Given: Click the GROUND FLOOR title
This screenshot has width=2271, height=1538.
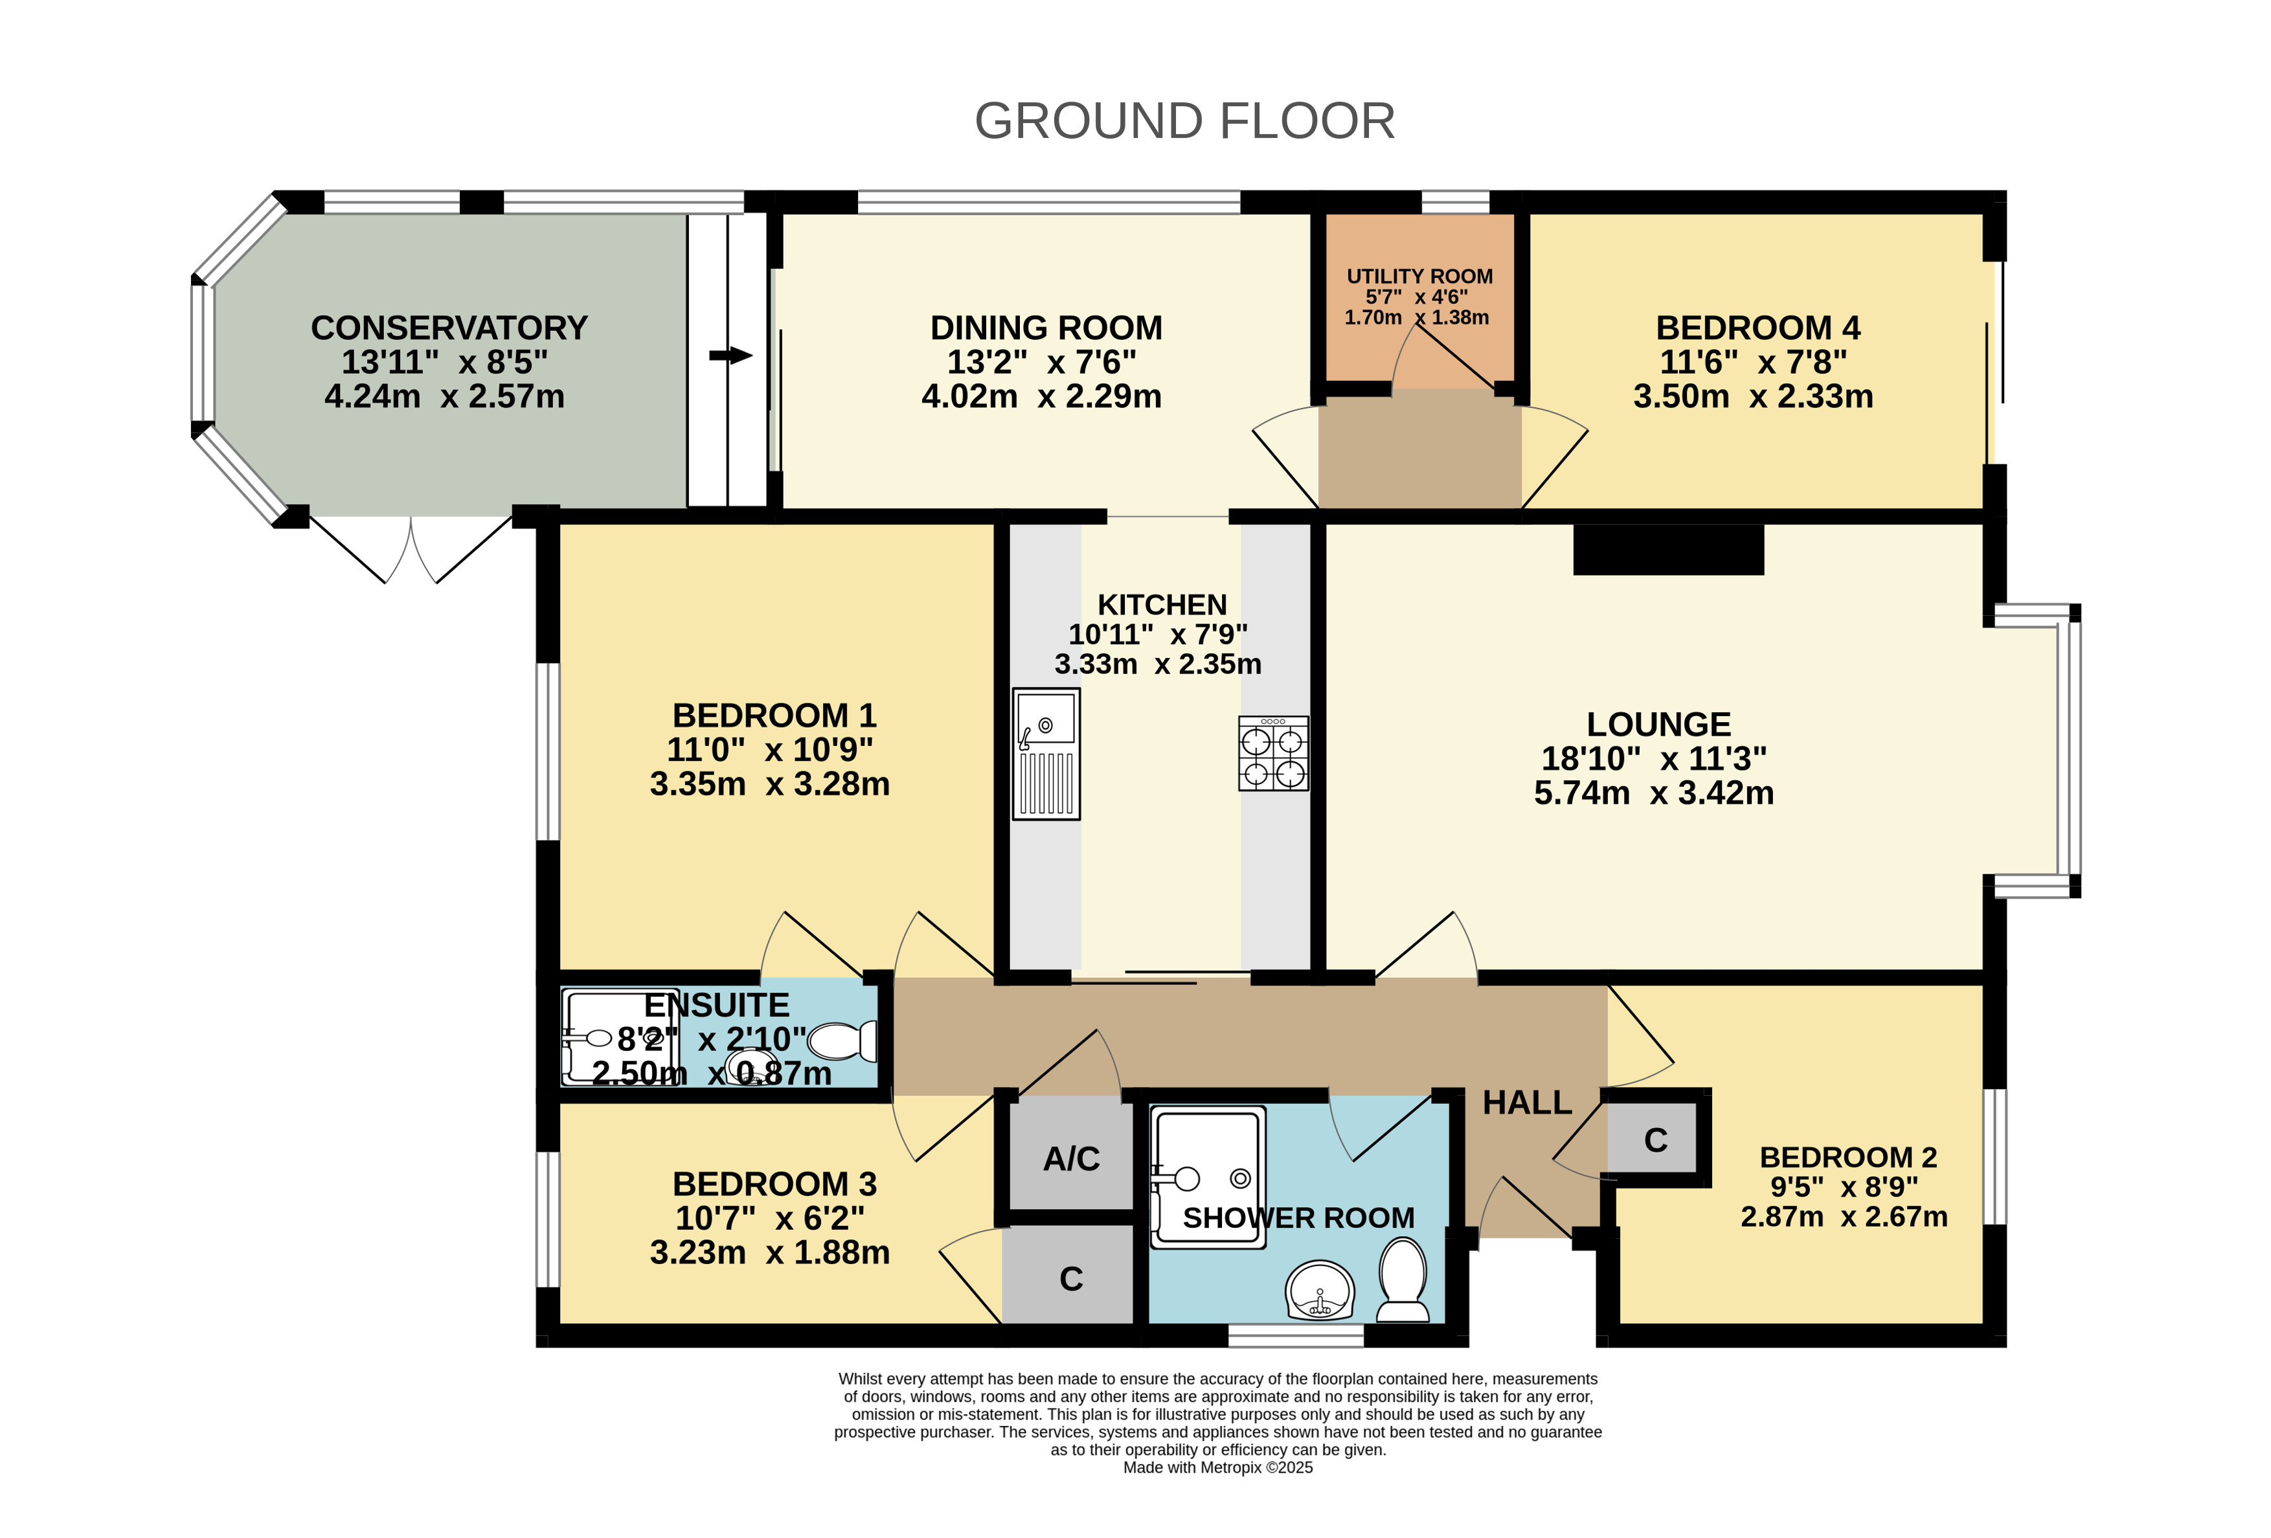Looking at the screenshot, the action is tap(1184, 121).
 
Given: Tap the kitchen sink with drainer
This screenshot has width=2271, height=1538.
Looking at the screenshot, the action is tap(1046, 753).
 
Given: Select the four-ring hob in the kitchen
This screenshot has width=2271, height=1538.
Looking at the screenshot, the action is tap(1273, 753).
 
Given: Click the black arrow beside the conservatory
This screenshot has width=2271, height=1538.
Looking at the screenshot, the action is tap(731, 356).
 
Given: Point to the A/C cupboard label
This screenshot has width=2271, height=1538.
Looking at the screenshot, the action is tap(1071, 1159).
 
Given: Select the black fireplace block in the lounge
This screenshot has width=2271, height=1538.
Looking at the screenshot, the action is tap(1668, 549).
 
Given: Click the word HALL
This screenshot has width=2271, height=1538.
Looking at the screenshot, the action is tap(1528, 1103).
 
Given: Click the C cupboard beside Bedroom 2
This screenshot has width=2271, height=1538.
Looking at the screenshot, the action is tap(1655, 1139).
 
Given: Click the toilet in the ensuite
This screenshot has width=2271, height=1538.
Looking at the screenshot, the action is tap(843, 1041).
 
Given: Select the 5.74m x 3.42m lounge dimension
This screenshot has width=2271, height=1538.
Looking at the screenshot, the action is tap(1653, 793).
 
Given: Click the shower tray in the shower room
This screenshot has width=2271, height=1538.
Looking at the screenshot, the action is tap(1208, 1177).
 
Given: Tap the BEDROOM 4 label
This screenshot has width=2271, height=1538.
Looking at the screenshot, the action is tap(1758, 327).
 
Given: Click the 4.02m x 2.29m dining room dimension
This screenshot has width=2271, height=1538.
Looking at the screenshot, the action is tap(1042, 396).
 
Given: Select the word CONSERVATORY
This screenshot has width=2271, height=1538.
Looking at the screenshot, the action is tap(449, 327).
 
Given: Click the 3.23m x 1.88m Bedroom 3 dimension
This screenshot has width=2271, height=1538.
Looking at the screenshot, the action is tap(770, 1252).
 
